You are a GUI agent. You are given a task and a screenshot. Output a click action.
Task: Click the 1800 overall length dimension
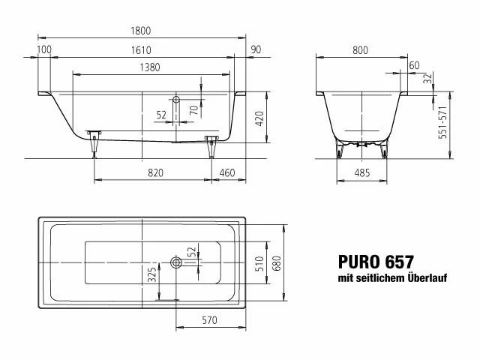point(141,31)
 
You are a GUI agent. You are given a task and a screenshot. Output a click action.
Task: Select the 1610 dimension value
point(141,50)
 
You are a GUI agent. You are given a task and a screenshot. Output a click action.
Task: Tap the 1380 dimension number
point(150,67)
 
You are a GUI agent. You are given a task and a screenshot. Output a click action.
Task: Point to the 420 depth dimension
point(259,118)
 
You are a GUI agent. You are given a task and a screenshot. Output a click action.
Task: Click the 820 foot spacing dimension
point(155,173)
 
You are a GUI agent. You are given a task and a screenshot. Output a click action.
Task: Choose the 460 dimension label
point(227,173)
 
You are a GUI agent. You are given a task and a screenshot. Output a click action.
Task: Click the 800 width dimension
point(360,50)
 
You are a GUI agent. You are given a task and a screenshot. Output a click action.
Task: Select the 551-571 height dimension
point(443,122)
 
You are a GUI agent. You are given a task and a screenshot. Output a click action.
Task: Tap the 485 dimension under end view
point(362,173)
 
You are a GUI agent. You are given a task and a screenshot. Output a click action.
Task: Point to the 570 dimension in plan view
point(210,320)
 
